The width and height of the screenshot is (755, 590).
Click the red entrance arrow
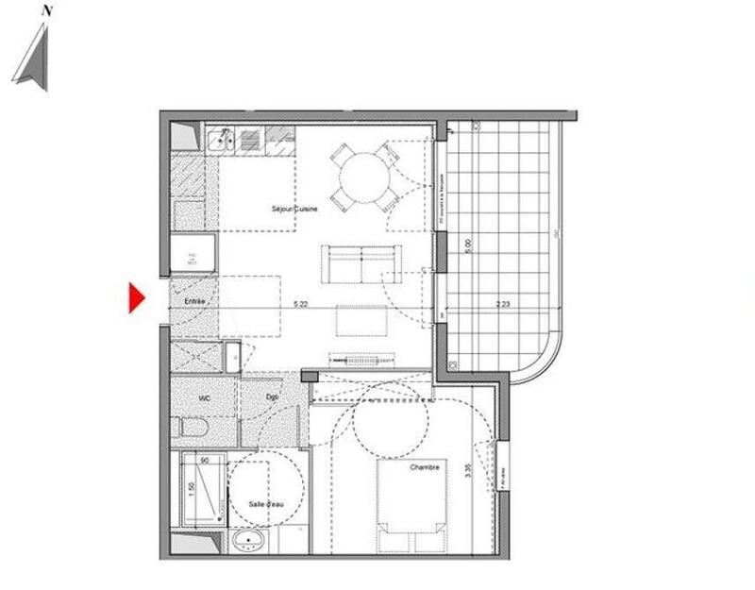136,298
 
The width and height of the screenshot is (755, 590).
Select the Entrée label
194,300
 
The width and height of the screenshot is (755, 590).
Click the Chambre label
425,467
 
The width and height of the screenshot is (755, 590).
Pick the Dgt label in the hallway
272,398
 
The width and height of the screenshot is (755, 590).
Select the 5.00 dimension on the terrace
469,246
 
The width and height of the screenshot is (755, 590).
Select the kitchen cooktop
249,140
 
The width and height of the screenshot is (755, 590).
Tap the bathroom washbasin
249,542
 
